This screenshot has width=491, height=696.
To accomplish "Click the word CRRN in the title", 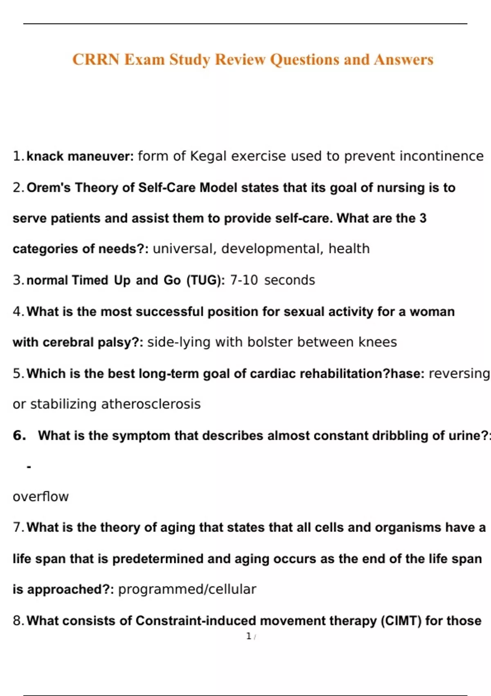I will point(96,60).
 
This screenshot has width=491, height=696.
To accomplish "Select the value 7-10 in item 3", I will point(244,280).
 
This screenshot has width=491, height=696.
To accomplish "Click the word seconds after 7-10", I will point(290,280).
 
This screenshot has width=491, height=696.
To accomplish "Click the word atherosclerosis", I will point(151,404).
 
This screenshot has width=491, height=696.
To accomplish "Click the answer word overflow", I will point(41,497).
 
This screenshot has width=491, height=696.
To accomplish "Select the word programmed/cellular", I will point(187,590).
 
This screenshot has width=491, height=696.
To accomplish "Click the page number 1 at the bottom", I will point(249,636).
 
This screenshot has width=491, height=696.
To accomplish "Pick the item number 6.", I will point(19,435).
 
